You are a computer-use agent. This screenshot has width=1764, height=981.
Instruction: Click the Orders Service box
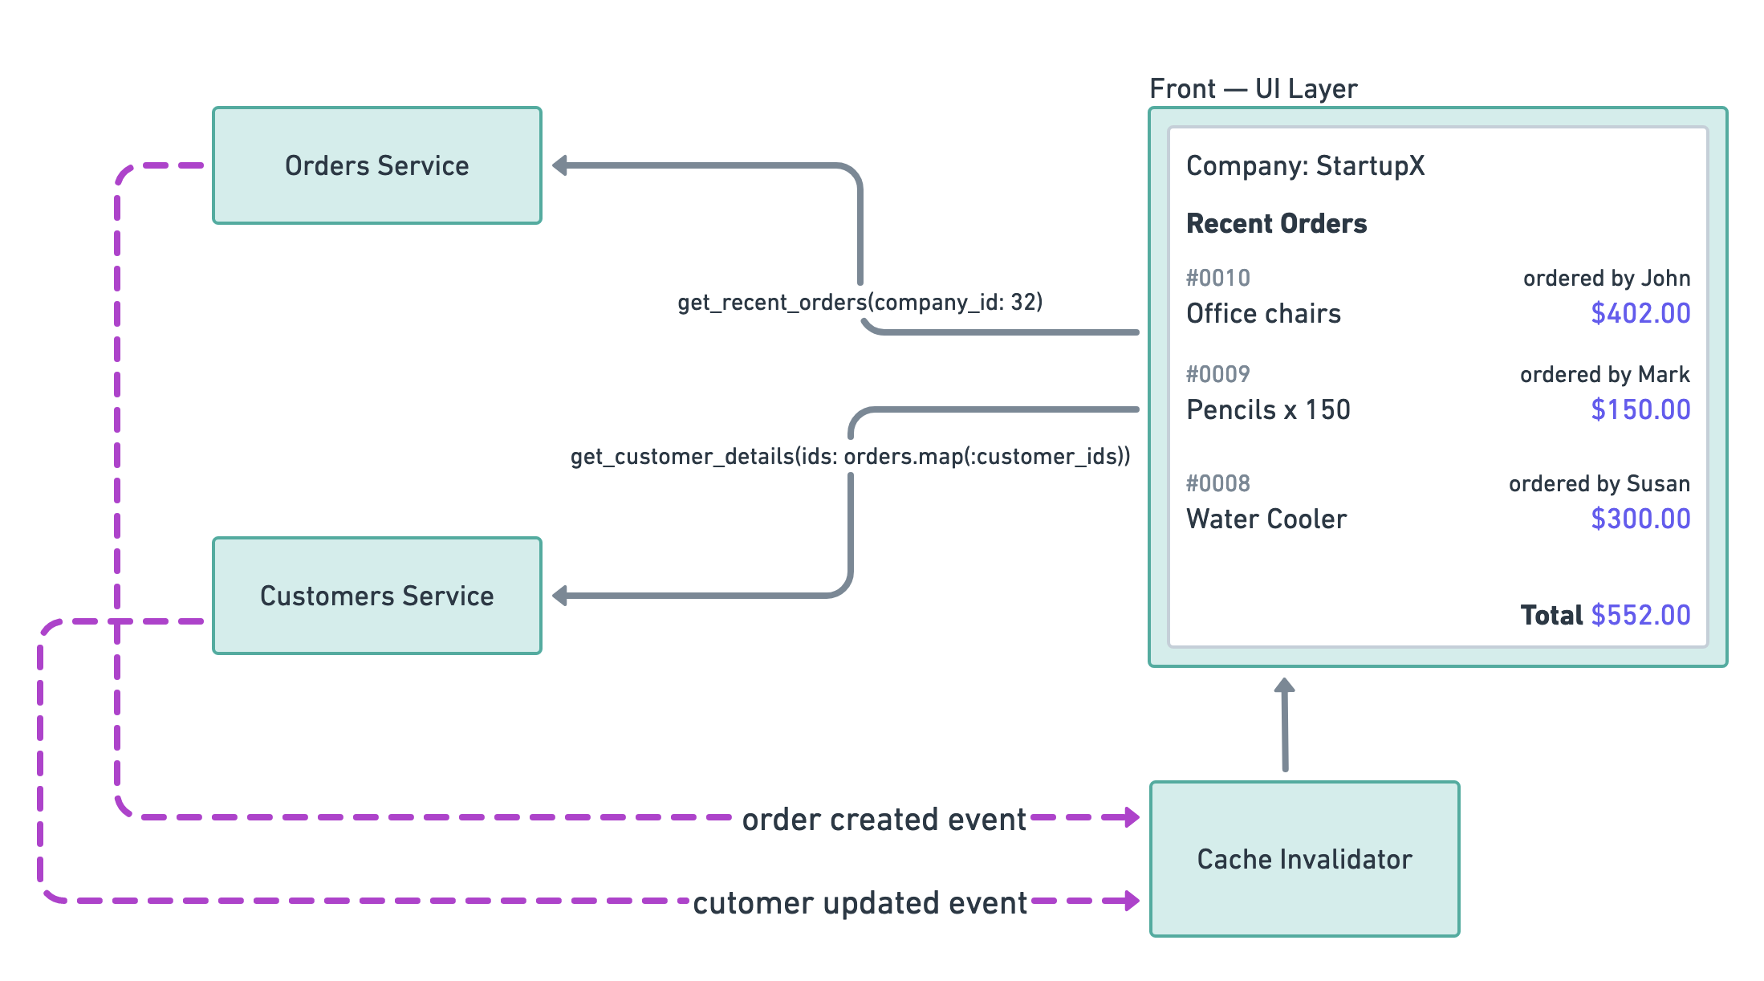[x=376, y=165]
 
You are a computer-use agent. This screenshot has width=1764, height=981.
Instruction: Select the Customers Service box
[x=376, y=596]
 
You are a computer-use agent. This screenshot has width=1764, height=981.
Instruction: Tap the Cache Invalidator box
[x=1304, y=859]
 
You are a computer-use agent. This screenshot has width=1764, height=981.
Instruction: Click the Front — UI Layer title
[x=1253, y=88]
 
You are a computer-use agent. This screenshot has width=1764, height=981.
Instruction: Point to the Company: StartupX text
[x=1305, y=165]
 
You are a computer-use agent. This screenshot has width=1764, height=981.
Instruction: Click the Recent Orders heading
[x=1276, y=223]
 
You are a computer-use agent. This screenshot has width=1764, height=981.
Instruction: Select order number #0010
[x=1217, y=278]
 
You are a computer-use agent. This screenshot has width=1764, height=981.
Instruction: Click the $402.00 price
[x=1640, y=313]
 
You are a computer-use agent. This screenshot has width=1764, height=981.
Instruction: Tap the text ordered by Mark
[x=1604, y=374]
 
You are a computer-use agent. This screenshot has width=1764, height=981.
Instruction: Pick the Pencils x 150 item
[x=1268, y=409]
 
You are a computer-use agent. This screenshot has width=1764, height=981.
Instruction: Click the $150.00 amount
[x=1640, y=409]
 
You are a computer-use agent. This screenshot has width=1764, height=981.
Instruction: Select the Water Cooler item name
[x=1266, y=519]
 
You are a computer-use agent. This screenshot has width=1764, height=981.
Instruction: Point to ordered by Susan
[x=1599, y=483]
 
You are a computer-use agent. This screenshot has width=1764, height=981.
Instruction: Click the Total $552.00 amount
[x=1640, y=615]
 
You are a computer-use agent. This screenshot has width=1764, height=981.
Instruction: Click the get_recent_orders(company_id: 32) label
[x=860, y=302]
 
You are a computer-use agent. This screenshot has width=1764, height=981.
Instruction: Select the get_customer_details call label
[x=850, y=456]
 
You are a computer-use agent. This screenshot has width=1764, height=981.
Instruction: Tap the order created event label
[x=884, y=820]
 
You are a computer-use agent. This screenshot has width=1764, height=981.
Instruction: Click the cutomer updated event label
[x=860, y=903]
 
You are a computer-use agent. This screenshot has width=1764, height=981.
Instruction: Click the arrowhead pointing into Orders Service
[x=560, y=165]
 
